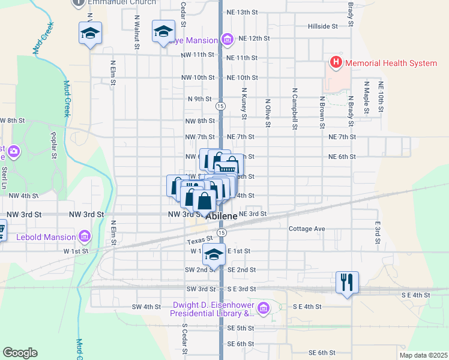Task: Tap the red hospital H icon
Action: [x=335, y=62]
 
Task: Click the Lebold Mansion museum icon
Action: [x=84, y=237]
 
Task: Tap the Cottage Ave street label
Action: [x=306, y=229]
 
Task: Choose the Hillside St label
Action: [x=323, y=26]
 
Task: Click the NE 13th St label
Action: [x=243, y=12]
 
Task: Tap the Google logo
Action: [x=20, y=353]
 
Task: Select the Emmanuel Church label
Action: [x=115, y=3]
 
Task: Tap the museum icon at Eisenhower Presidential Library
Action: [x=263, y=309]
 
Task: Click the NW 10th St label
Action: [x=197, y=77]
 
